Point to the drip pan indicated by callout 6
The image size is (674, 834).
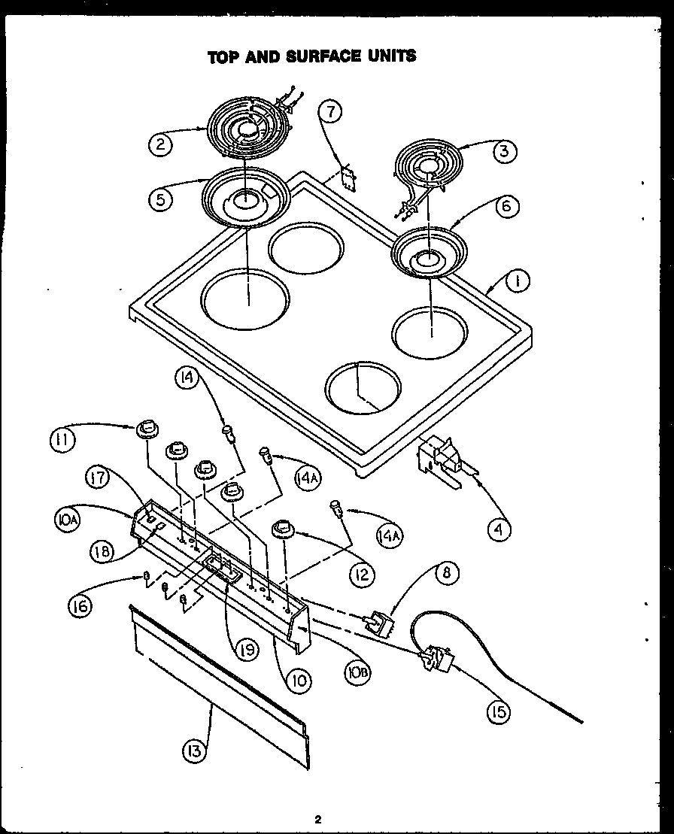pyautogui.click(x=429, y=256)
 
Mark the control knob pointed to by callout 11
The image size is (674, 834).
pyautogui.click(x=147, y=430)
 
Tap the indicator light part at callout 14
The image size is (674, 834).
pyautogui.click(x=229, y=433)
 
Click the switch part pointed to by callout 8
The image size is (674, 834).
pyautogui.click(x=378, y=623)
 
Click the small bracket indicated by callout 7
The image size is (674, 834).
pyautogui.click(x=348, y=176)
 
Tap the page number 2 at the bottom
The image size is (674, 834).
pyautogui.click(x=318, y=819)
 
